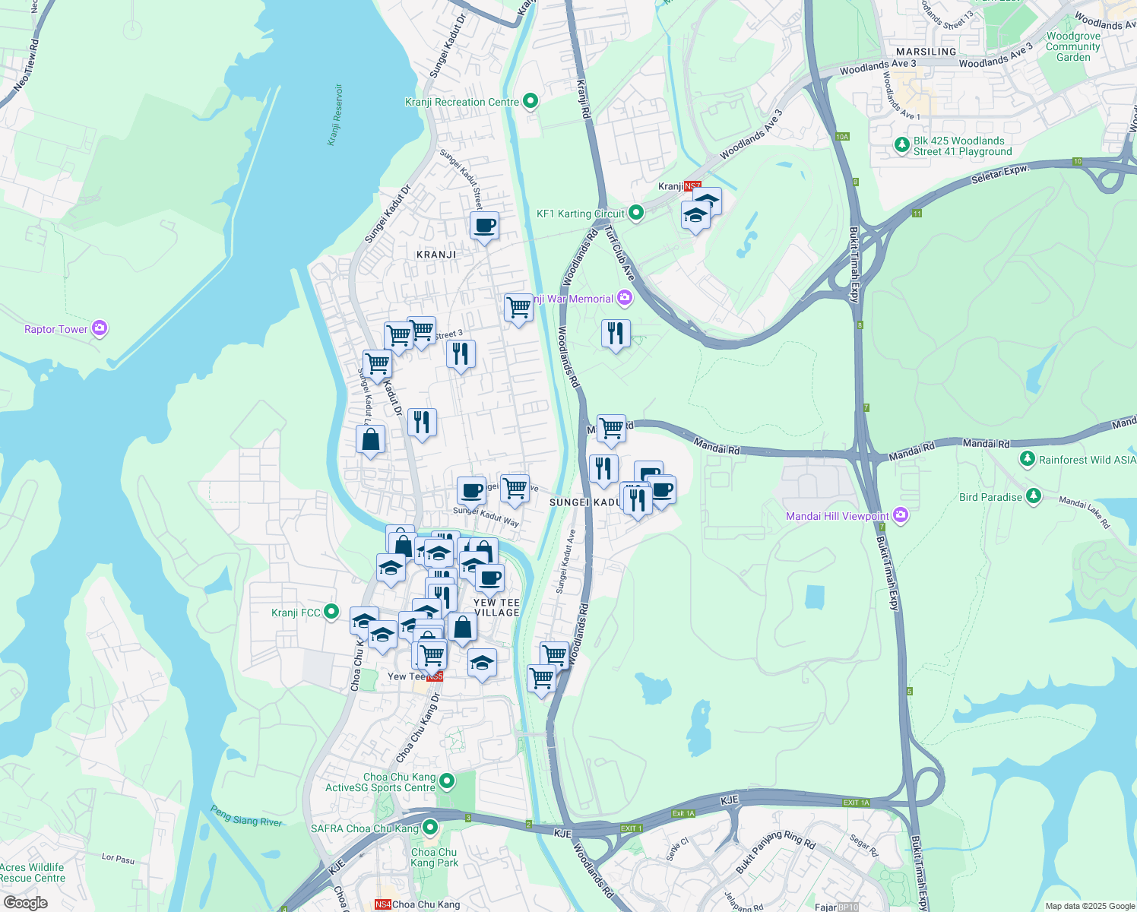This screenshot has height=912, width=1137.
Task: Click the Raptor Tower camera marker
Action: (x=99, y=328)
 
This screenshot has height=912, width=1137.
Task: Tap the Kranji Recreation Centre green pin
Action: (x=530, y=101)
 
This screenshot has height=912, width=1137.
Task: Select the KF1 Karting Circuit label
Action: (x=581, y=214)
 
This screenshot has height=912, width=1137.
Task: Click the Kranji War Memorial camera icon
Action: (x=625, y=298)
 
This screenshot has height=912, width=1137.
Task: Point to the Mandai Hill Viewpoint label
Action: (x=838, y=516)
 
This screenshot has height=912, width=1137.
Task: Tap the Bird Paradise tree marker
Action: (x=1033, y=496)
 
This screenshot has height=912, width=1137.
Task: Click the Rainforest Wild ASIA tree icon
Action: (x=1028, y=459)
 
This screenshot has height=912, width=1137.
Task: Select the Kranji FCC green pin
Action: (x=331, y=611)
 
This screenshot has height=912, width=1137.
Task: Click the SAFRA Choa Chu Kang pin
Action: (x=431, y=828)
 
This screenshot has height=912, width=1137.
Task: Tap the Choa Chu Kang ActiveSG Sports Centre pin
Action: (x=447, y=781)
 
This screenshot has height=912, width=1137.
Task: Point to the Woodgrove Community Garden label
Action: (x=1073, y=46)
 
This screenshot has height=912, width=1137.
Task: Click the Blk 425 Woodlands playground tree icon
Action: (x=901, y=144)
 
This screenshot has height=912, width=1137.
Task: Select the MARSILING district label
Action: (x=926, y=52)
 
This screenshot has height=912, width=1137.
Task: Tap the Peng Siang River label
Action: (x=246, y=816)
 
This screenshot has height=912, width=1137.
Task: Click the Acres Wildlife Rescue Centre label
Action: (x=33, y=872)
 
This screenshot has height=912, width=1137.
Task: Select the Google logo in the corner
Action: (x=25, y=902)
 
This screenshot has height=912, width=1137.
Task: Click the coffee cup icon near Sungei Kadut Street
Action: (x=484, y=225)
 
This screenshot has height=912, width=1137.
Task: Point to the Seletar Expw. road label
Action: (x=1000, y=175)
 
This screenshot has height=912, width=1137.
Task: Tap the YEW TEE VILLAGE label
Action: (x=497, y=607)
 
